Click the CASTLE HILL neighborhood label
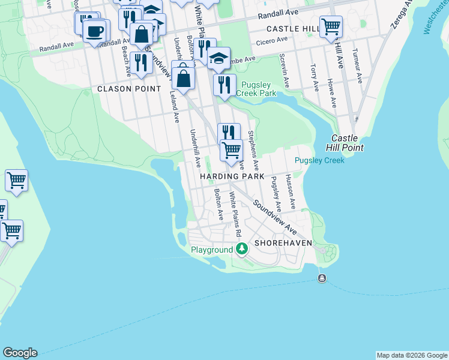tap(291, 29)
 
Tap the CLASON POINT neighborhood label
tap(129, 89)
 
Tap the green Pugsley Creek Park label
tap(256, 89)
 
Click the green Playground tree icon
tap(241, 248)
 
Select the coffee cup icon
tap(95, 31)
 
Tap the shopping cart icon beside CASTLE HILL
tap(331, 26)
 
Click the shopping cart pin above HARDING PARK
tap(231, 149)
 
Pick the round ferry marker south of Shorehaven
tap(322, 278)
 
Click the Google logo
tap(20, 353)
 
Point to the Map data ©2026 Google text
tap(411, 355)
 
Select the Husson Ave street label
tap(291, 192)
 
